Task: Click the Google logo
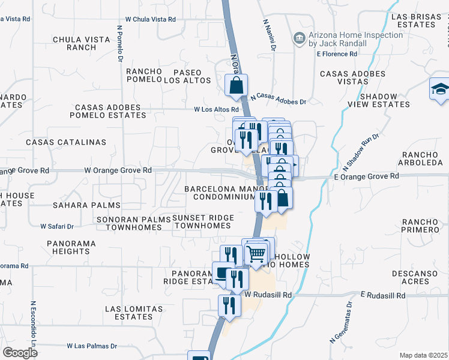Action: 20,352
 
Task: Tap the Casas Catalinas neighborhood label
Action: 66,142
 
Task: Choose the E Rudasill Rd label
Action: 383,296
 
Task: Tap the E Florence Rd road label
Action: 337,54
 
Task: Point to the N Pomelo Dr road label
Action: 119,43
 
